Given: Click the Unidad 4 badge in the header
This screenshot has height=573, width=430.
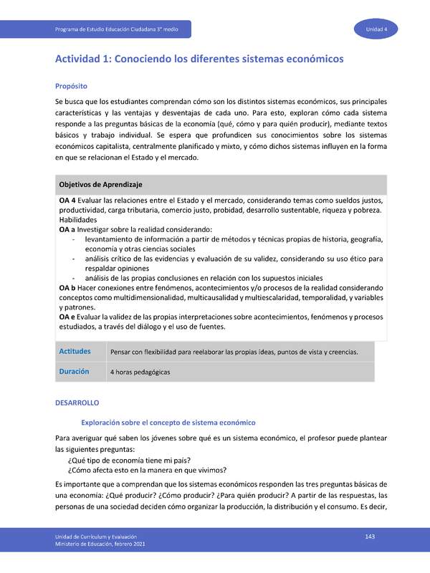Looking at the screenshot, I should pyautogui.click(x=376, y=29).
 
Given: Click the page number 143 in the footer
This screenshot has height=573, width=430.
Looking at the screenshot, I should pyautogui.click(x=371, y=536).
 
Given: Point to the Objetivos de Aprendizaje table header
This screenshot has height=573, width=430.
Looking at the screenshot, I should pyautogui.click(x=100, y=184).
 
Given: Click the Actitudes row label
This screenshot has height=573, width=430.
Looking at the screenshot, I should pyautogui.click(x=75, y=351).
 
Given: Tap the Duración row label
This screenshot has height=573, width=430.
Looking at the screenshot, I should pyautogui.click(x=74, y=372).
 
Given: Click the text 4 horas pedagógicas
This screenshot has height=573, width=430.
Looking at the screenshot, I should pyautogui.click(x=140, y=372).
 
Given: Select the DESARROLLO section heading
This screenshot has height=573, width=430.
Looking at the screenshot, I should pyautogui.click(x=77, y=404).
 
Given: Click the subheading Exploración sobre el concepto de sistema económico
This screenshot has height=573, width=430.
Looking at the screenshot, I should pyautogui.click(x=168, y=423).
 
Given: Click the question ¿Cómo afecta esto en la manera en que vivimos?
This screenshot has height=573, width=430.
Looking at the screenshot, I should pyautogui.click(x=147, y=471).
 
